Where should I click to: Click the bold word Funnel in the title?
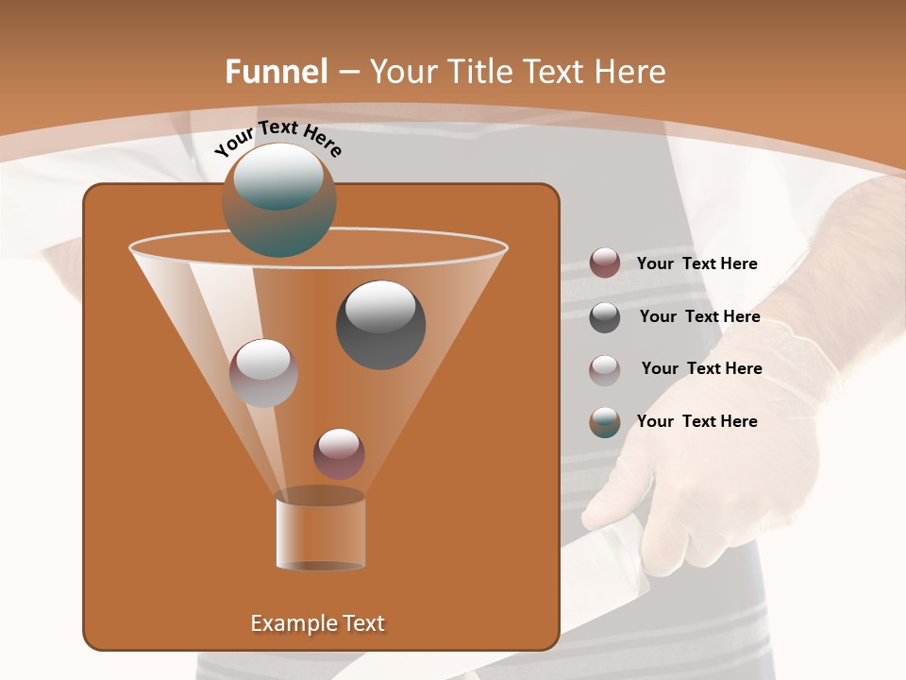tap(276, 72)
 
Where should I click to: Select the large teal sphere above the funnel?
tap(279, 200)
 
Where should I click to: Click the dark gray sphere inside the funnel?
tap(381, 325)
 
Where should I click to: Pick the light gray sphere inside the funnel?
tap(264, 372)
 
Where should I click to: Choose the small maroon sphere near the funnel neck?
tap(339, 453)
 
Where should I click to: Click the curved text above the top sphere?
tap(278, 138)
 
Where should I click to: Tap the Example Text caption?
tap(318, 623)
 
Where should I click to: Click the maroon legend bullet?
tap(605, 263)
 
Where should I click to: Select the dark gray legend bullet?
tap(605, 316)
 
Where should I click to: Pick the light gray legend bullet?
tap(605, 369)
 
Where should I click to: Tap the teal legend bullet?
tap(605, 422)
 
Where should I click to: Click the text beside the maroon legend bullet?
tap(696, 264)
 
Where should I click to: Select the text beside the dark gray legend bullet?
tap(699, 317)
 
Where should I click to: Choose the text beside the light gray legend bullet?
tap(701, 368)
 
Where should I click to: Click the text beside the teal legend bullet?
tap(696, 421)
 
